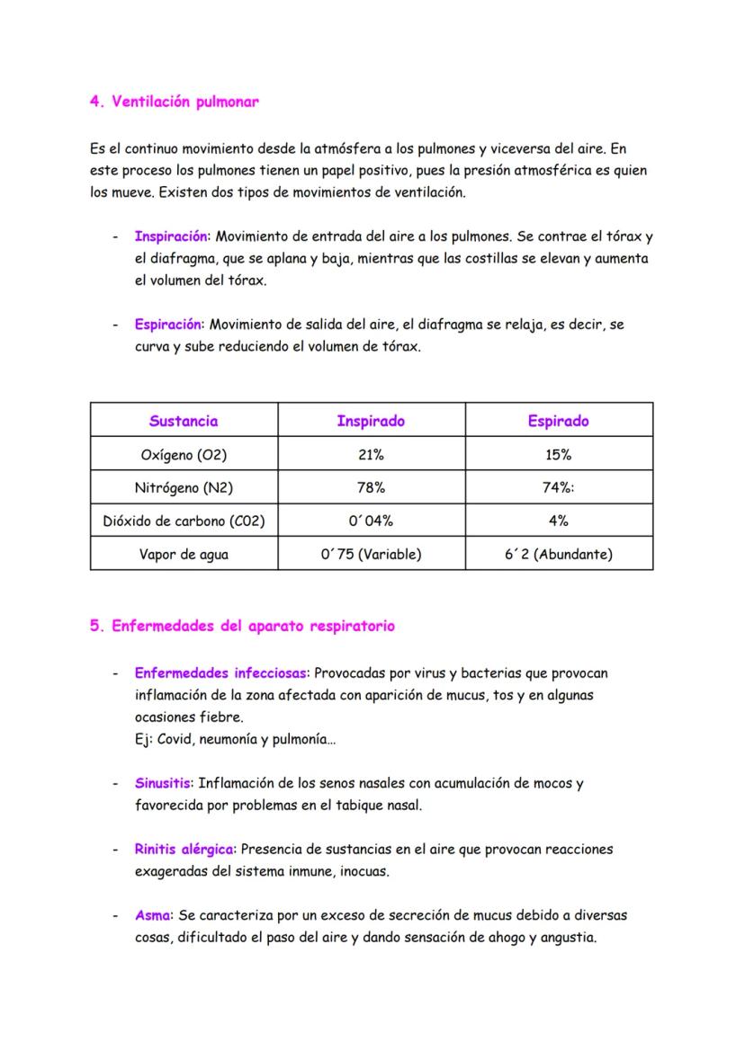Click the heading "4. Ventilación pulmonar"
tap(175, 102)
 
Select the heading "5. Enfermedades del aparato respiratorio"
tap(242, 627)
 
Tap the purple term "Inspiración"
tap(171, 236)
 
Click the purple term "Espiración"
tap(168, 325)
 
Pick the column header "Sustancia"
tap(184, 421)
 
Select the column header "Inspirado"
tap(371, 421)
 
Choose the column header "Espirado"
tap(559, 421)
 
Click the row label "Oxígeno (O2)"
tap(184, 454)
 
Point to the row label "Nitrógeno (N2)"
tap(184, 487)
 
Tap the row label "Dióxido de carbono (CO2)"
tap(184, 521)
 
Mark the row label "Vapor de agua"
tap(184, 554)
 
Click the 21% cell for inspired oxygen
tap(371, 454)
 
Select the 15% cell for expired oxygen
tap(559, 454)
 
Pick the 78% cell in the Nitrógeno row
tap(371, 487)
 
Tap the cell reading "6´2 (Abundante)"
tap(559, 554)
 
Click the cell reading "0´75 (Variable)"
tap(371, 554)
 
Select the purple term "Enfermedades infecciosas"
tap(220, 672)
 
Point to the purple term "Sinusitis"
tap(163, 783)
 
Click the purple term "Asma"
tap(153, 915)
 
